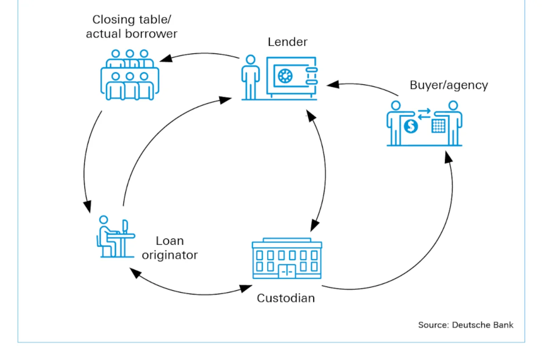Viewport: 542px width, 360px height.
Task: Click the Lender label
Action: click(288, 42)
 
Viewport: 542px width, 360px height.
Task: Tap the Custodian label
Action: click(286, 298)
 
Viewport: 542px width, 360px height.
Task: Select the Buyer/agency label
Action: click(449, 86)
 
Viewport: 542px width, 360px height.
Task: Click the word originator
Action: click(170, 255)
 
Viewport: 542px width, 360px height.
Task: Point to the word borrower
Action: click(151, 34)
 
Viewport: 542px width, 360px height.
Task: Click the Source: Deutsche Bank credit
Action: click(465, 325)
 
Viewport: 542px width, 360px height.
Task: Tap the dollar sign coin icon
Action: click(411, 126)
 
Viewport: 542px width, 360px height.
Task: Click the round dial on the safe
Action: click(285, 76)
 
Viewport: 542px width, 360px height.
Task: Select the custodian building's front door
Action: click(287, 271)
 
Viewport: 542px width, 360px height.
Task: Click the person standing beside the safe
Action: click(250, 77)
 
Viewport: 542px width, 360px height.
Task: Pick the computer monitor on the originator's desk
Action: click(125, 227)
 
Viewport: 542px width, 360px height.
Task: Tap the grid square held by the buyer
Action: click(438, 126)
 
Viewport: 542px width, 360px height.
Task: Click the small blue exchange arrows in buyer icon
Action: click(424, 114)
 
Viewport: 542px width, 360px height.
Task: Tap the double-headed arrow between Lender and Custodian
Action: click(325, 169)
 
